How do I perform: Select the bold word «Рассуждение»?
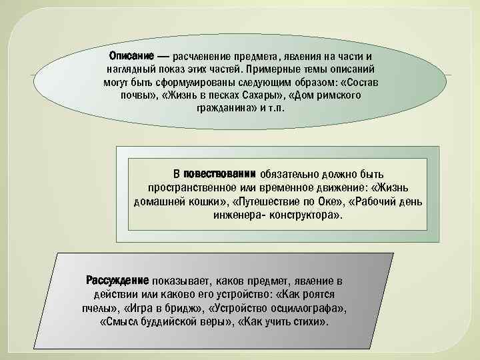(x=117, y=280)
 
